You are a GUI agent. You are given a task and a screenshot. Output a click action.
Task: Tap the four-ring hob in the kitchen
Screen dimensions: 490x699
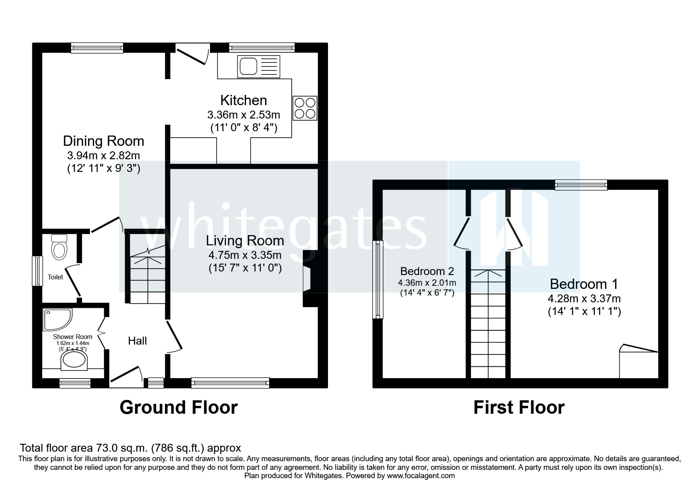(x=305, y=108)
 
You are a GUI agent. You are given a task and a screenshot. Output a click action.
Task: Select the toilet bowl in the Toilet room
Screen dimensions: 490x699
(x=59, y=249)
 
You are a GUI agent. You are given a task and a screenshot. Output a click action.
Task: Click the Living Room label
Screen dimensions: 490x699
(x=245, y=241)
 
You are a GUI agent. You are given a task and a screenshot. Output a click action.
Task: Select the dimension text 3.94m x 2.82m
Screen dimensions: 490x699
(x=103, y=155)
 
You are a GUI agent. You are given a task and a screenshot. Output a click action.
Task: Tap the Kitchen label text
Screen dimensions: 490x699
(x=244, y=100)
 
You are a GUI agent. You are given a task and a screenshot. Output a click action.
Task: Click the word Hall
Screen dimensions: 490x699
(x=137, y=341)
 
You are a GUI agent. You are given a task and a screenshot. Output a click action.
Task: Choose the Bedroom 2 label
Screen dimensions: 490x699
(x=427, y=271)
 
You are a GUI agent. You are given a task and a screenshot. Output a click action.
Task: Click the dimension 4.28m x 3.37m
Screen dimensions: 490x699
(x=584, y=298)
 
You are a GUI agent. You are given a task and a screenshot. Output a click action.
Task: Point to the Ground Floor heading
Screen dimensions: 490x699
(x=178, y=407)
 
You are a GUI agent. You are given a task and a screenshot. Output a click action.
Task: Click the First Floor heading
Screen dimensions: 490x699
(x=519, y=407)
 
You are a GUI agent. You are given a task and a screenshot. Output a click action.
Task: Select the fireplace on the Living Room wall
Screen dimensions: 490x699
(x=307, y=279)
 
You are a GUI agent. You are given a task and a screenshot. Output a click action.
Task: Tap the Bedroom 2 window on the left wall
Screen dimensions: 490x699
(x=378, y=280)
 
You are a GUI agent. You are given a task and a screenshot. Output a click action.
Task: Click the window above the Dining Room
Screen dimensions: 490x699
(x=97, y=48)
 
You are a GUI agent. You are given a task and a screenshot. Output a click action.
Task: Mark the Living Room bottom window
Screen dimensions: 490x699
(x=230, y=382)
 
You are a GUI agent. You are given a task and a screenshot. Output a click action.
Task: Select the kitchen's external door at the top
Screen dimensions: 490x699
(x=192, y=55)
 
